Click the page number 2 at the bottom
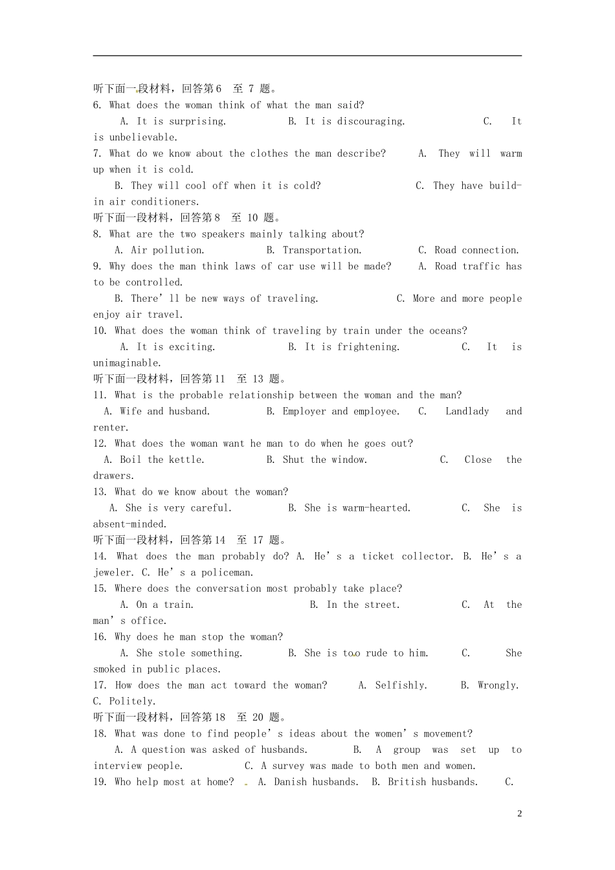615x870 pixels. click(x=520, y=814)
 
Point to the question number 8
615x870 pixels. click(x=97, y=234)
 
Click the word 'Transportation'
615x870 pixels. click(x=321, y=250)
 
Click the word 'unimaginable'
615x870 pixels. click(x=126, y=363)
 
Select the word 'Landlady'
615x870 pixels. click(x=467, y=411)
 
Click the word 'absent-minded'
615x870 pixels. click(x=129, y=524)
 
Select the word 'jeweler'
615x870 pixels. click(x=113, y=572)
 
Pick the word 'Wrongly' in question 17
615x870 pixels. click(x=497, y=685)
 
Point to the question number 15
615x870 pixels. click(x=99, y=588)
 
